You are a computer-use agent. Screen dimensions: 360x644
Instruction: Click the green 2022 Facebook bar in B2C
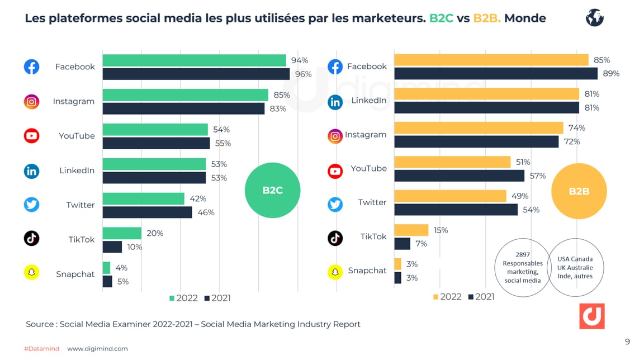[194, 60]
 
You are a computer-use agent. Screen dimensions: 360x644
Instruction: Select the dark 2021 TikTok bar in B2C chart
[112, 247]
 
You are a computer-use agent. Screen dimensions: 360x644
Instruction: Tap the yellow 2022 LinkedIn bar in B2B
[486, 94]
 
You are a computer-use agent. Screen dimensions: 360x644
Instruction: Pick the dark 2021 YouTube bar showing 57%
[459, 176]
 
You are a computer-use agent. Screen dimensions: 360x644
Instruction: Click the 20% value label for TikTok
[155, 233]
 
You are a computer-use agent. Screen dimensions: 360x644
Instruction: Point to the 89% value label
[611, 73]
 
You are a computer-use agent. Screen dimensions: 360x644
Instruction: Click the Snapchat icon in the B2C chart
[32, 272]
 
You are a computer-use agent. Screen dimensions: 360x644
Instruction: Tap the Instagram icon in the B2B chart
[335, 135]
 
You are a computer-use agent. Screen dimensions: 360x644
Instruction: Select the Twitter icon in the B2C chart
[32, 205]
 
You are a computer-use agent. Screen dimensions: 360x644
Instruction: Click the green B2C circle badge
[273, 190]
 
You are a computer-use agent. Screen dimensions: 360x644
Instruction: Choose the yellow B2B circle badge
[579, 191]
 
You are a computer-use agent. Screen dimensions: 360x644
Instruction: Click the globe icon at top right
[595, 18]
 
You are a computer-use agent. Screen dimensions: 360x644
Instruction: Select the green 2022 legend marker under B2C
[172, 298]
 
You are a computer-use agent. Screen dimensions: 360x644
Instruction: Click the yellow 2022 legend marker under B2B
[436, 297]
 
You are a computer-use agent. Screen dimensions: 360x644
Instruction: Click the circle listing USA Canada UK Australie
[575, 267]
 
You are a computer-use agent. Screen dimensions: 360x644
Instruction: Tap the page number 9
[627, 342]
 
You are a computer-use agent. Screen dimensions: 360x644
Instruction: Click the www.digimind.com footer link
[97, 349]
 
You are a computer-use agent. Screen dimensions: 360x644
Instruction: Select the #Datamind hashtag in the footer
[41, 349]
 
